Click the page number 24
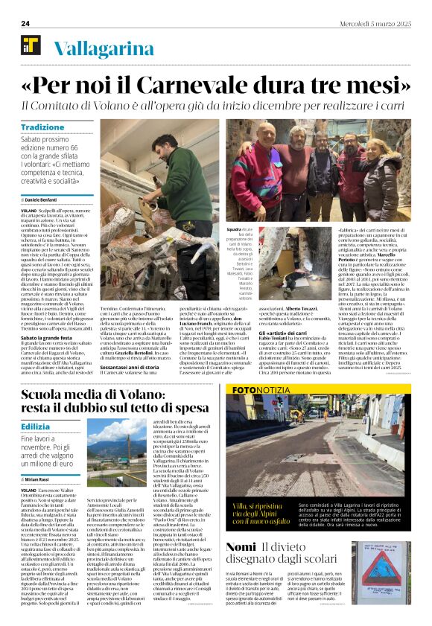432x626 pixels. (x=25, y=24)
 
